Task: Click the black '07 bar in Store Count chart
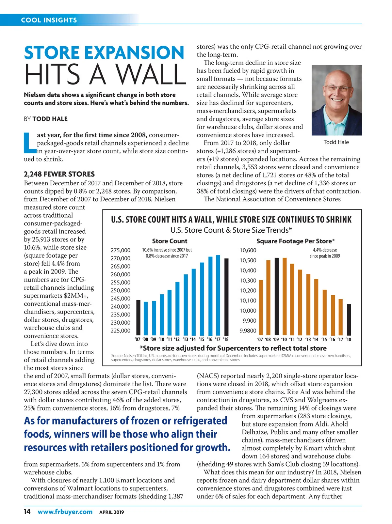138,316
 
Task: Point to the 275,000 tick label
120,250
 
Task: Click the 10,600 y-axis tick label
248,250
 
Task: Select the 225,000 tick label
120,331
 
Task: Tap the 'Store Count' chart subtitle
170,241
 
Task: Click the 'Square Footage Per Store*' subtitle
295,241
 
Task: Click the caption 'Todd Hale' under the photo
336,142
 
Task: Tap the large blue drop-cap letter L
30,143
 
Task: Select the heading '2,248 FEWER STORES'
59,174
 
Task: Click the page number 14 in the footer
27,512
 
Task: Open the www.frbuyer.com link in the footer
65,512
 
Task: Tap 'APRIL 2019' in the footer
111,512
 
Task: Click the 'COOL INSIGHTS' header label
49,20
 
